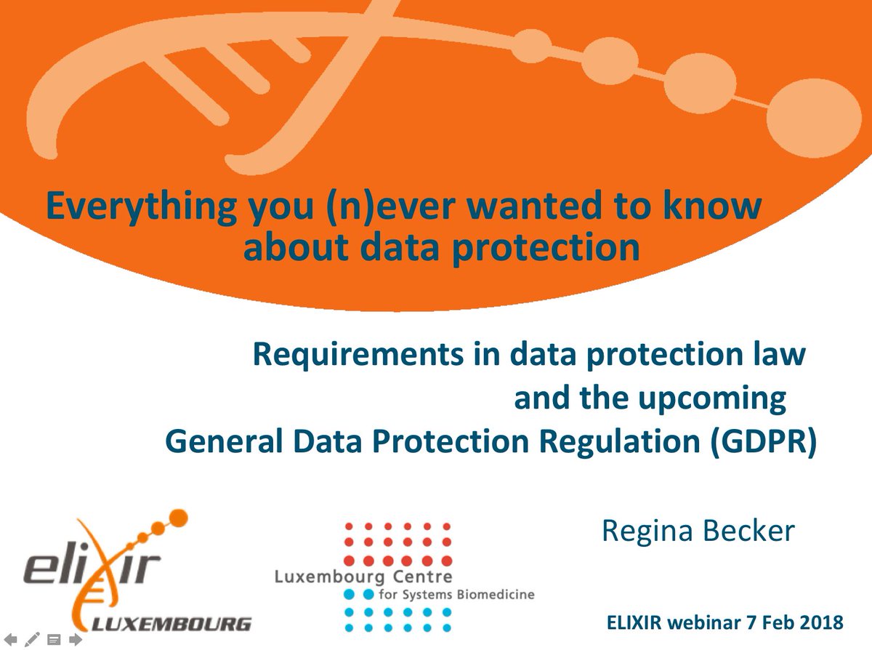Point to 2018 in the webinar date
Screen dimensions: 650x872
[823, 623]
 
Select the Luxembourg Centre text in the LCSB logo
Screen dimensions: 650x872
[363, 577]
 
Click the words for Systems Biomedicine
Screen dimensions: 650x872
[457, 595]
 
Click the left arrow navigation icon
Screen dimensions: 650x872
[11, 640]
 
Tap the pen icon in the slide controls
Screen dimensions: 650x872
[32, 640]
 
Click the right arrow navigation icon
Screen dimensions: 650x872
[76, 640]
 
